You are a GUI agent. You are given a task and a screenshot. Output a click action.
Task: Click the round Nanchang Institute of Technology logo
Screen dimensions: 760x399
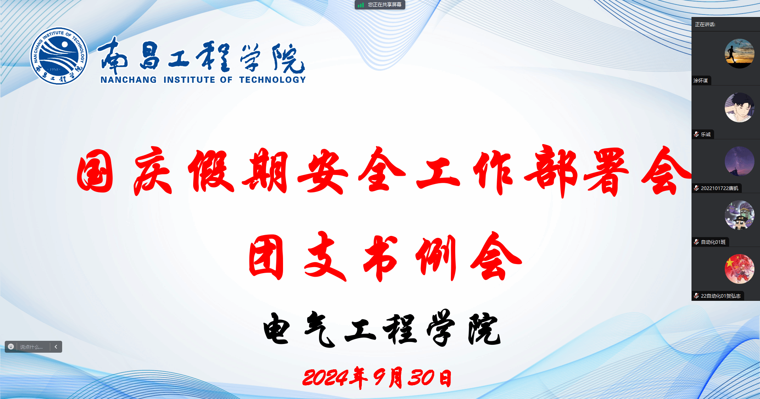coord(59,56)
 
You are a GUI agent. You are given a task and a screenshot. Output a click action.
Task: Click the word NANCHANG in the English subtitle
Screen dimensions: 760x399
coord(129,80)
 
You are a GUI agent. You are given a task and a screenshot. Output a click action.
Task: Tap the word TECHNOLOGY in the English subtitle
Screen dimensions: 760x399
coord(272,80)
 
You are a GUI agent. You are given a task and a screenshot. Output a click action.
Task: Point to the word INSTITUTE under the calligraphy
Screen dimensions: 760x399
coord(190,80)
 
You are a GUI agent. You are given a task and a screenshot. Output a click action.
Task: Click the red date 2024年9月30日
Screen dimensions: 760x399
coord(377,377)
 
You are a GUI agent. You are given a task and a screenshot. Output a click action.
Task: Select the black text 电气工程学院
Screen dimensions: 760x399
coord(382,329)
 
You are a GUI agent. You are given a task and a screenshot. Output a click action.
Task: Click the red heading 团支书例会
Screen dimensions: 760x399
coord(385,256)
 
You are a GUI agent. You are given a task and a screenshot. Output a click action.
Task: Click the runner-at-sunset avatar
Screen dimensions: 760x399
coord(739,53)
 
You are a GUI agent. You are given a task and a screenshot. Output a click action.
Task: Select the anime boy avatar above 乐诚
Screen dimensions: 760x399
coord(739,107)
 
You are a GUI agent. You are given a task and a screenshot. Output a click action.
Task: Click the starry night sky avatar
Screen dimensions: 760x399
coord(739,161)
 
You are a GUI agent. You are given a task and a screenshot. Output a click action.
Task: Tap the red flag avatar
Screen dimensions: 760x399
coord(739,269)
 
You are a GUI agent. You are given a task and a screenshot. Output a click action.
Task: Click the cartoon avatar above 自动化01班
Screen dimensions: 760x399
coord(739,215)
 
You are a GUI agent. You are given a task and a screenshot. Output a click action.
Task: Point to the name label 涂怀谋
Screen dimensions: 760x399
coord(701,81)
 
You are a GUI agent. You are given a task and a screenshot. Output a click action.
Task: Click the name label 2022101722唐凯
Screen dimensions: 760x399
coord(719,188)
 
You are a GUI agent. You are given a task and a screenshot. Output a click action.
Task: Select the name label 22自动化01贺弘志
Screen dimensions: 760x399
coord(720,296)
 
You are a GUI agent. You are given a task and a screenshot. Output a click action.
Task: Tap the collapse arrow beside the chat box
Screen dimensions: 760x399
coord(56,347)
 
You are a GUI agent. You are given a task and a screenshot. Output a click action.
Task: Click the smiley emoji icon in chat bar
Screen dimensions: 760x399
coord(11,347)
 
